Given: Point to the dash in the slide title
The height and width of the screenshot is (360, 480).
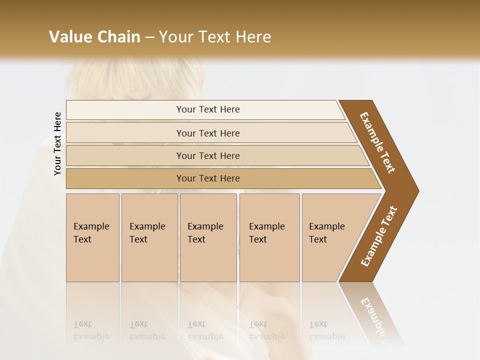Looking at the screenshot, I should click(149, 37).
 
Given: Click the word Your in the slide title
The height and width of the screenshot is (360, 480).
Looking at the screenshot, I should click(175, 37).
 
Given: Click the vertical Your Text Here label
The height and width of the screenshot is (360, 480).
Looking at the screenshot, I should click(57, 143).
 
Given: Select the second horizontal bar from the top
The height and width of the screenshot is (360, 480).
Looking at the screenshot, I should click(208, 133).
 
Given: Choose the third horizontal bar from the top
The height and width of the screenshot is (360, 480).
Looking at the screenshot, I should click(208, 155).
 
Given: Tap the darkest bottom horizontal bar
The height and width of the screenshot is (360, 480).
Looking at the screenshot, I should click(208, 178).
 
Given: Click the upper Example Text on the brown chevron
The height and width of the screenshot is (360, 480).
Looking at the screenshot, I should click(378, 142).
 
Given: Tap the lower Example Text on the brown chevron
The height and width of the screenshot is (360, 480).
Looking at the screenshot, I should click(379, 236).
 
